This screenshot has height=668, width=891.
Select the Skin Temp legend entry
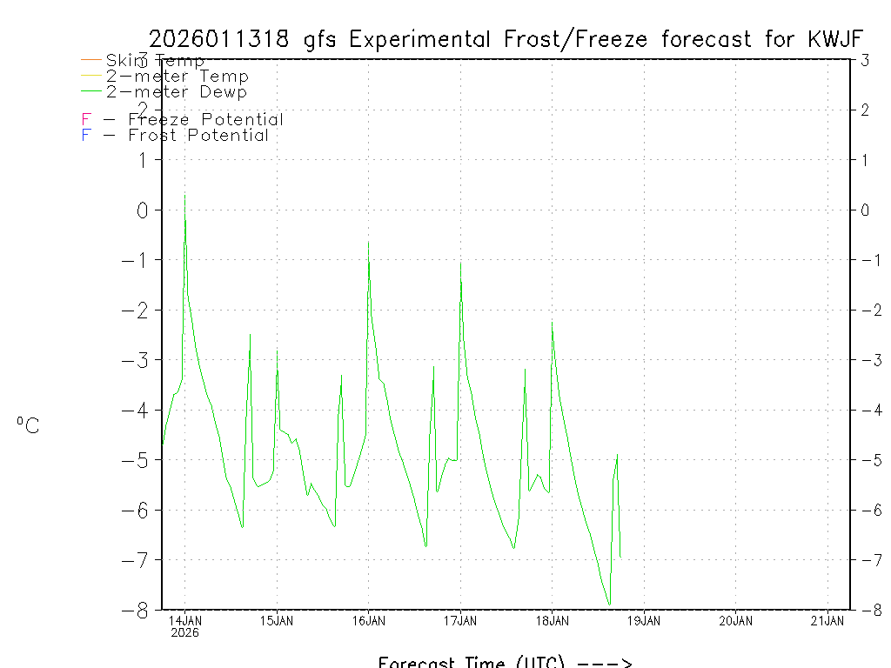click(155, 61)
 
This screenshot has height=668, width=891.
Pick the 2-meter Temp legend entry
click(177, 77)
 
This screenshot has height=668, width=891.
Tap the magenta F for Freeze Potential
click(86, 120)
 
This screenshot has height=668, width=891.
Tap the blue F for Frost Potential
click(86, 136)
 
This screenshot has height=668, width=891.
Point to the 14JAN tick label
click(184, 620)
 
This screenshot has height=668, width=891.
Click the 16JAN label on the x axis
click(368, 620)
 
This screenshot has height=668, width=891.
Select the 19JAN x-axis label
click(644, 620)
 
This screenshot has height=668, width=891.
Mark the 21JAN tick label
click(827, 620)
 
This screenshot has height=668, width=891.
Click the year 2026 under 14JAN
click(184, 632)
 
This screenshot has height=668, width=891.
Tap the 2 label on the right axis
click(865, 110)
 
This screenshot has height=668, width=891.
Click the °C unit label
click(28, 426)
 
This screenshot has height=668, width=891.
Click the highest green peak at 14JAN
click(184, 195)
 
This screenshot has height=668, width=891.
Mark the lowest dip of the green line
click(609, 604)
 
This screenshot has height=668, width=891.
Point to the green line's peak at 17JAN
click(460, 263)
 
